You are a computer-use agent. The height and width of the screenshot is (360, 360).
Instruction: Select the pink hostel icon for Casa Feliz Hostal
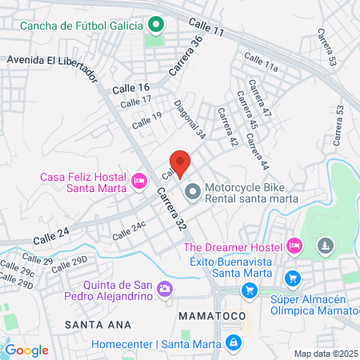139,182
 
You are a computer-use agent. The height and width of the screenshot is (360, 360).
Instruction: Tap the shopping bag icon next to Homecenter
233,344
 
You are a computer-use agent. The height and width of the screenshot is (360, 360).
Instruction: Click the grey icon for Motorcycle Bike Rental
192,191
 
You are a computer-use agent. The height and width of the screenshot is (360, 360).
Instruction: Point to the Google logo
26,350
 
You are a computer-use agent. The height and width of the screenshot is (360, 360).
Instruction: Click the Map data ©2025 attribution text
325,354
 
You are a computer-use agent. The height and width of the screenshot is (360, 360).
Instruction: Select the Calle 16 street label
130,87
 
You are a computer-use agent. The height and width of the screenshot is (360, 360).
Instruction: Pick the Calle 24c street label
129,231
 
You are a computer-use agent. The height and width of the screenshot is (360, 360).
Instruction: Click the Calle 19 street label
146,120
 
